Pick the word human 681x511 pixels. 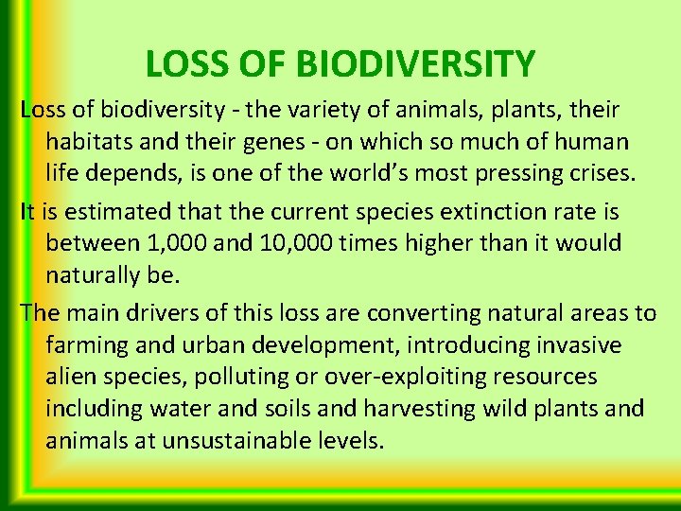(x=592, y=142)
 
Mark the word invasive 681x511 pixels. (x=576, y=345)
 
